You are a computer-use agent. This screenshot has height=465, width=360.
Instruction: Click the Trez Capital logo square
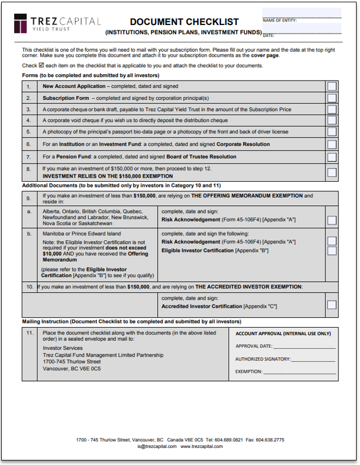coord(21,24)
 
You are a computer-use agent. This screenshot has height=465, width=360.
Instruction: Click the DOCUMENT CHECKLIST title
coord(184,22)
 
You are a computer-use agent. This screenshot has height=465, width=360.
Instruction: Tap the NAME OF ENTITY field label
coord(279,20)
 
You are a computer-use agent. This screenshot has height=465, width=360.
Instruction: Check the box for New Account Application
coord(332,86)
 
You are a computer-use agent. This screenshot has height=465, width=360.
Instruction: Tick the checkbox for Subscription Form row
coord(332,98)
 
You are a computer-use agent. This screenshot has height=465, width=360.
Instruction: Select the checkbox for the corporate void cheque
coord(332,120)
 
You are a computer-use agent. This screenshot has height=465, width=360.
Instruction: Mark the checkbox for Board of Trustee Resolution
coord(332,157)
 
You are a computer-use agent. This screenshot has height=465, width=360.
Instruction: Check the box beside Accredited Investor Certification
coord(332,305)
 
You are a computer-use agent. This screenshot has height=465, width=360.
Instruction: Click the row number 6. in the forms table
coord(28,144)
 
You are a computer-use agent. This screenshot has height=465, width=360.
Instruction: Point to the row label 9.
coord(28,198)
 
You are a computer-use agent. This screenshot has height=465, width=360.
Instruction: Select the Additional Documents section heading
coord(121,186)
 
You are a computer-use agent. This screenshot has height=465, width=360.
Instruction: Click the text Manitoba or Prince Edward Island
coord(82,233)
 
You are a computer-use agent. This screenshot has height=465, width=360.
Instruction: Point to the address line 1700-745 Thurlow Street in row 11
coord(72,362)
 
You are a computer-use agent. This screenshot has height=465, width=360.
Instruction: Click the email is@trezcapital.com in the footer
coord(156,447)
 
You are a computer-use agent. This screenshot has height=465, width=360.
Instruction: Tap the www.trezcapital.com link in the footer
coord(202,447)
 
